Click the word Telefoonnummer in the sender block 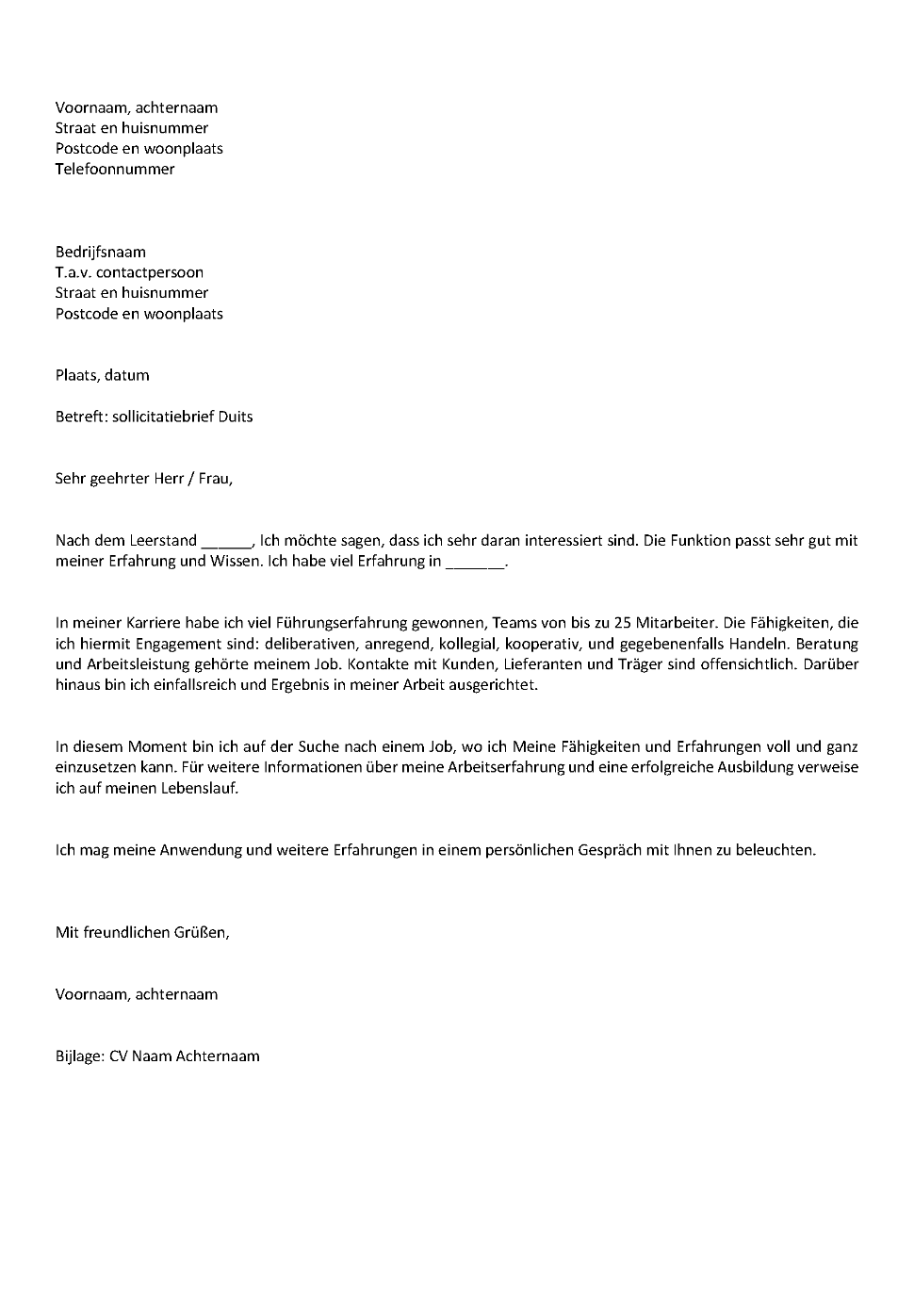click(x=115, y=170)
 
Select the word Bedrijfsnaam click(x=101, y=253)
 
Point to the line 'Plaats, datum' click(x=102, y=376)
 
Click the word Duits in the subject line click(x=236, y=417)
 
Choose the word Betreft click(x=81, y=417)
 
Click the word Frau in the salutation click(x=214, y=479)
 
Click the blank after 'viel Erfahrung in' click(x=475, y=565)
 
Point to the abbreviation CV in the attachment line click(x=119, y=1056)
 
